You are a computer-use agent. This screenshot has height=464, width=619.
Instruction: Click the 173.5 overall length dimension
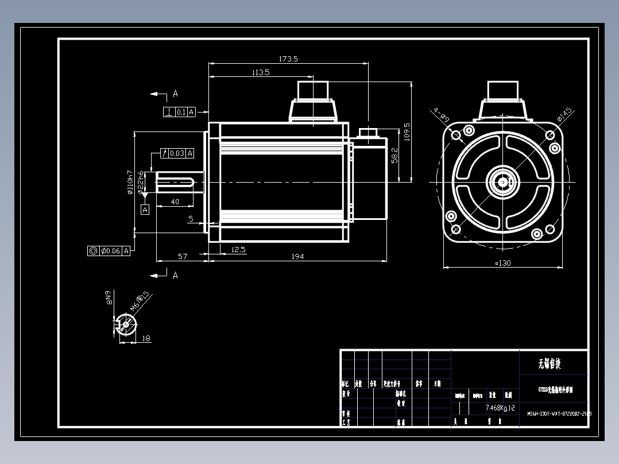point(288,59)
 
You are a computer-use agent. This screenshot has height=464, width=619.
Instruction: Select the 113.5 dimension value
point(260,72)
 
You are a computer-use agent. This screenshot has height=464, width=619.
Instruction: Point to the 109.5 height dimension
point(407,132)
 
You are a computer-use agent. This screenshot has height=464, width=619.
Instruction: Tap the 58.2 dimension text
point(394,155)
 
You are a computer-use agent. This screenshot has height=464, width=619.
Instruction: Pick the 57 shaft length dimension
point(183,256)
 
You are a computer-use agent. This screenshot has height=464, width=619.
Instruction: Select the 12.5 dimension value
point(238,249)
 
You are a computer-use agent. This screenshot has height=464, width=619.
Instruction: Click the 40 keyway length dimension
point(175,202)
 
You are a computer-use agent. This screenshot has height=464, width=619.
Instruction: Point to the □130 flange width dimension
point(503,263)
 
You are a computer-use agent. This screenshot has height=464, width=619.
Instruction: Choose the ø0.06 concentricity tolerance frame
point(109,251)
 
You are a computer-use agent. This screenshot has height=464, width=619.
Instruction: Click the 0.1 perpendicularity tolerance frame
point(180,112)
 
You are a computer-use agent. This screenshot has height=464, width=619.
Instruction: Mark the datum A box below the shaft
point(145,210)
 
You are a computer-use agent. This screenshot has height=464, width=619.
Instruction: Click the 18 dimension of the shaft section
point(146,339)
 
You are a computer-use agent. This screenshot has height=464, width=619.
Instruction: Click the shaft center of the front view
point(502,181)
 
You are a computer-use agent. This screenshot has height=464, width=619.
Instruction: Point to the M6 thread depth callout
point(140,301)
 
